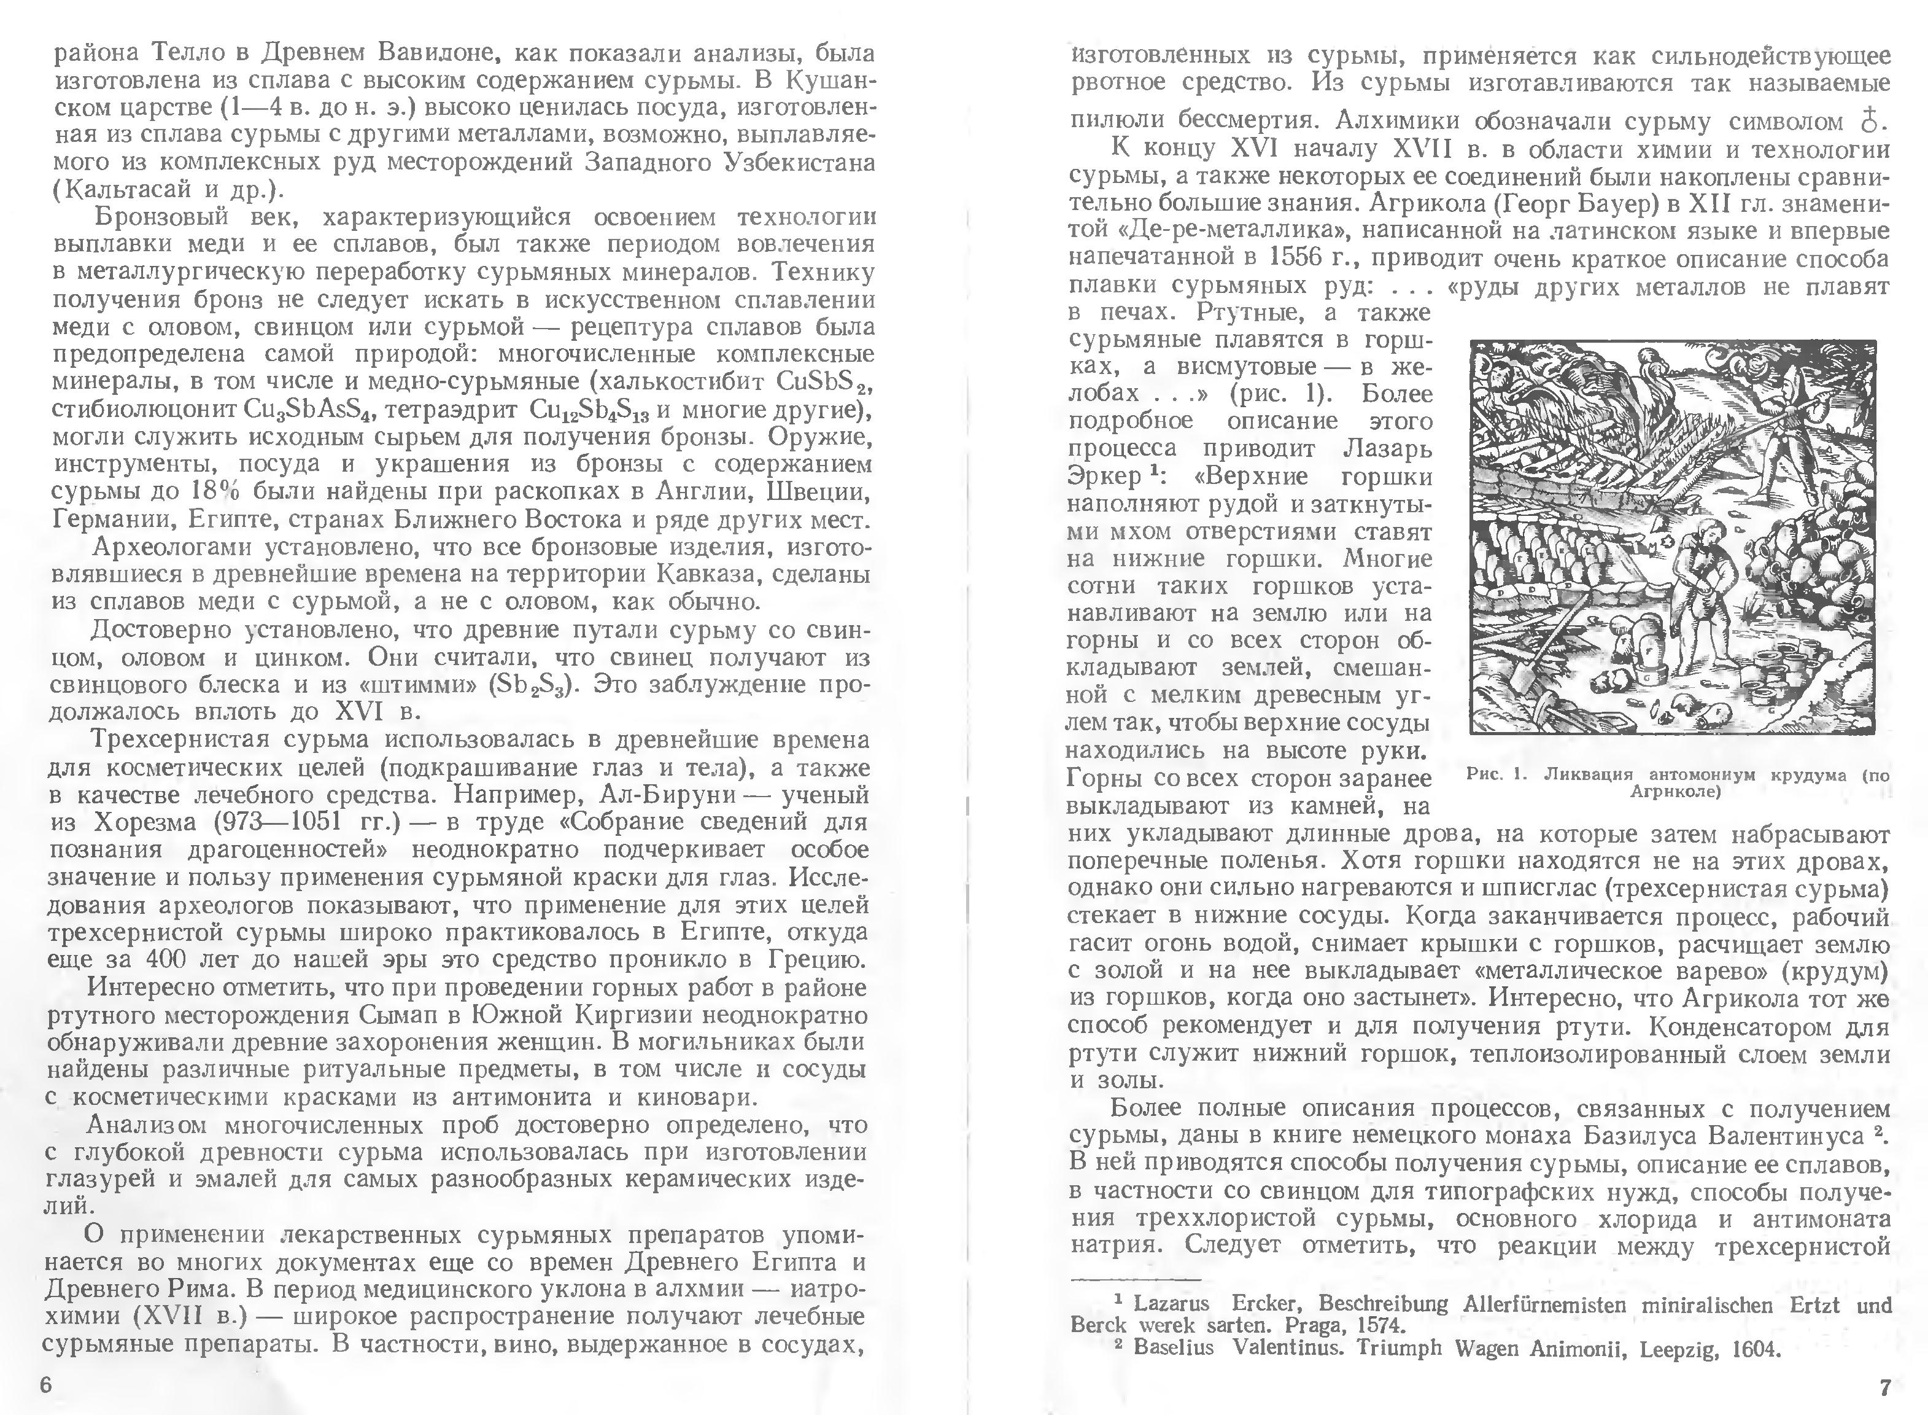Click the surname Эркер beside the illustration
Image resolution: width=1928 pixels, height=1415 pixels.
(1104, 476)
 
